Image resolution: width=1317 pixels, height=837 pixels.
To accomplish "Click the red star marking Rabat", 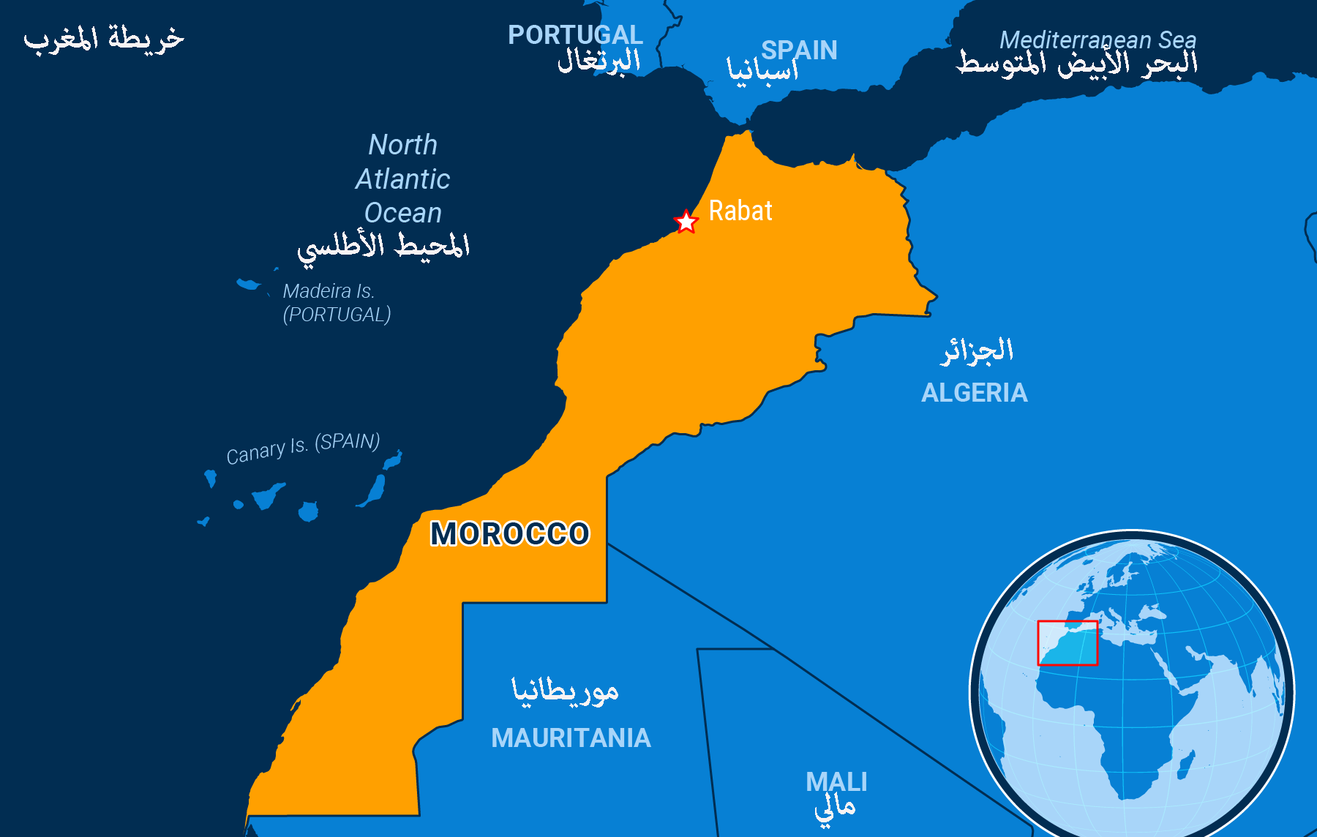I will [686, 221].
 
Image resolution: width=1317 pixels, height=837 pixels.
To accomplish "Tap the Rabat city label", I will [740, 211].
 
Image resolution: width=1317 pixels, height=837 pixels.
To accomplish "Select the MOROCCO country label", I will [509, 533].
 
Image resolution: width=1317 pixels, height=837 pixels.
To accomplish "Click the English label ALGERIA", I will [974, 393].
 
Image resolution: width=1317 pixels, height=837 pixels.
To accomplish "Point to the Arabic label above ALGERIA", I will [977, 350].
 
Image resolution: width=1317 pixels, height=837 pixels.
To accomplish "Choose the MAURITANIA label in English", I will [571, 737].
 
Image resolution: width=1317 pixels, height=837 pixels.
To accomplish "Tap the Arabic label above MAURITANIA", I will [565, 690].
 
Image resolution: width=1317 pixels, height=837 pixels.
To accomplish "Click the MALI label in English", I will [836, 781].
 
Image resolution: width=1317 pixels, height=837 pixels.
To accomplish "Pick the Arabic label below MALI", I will [835, 808].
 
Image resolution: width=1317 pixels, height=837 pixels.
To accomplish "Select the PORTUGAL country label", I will [575, 34].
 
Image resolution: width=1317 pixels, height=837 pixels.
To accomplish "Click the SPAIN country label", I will [799, 50].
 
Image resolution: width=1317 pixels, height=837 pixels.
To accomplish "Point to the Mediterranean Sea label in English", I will [1097, 40].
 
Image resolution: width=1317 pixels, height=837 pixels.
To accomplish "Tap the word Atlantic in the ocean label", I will [403, 179].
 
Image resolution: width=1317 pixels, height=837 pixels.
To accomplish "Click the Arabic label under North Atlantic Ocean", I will [383, 246].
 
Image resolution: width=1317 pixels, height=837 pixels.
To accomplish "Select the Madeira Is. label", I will [329, 291].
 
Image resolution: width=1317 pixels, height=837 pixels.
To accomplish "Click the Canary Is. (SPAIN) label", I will [303, 448].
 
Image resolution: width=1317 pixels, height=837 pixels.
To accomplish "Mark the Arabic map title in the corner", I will [104, 38].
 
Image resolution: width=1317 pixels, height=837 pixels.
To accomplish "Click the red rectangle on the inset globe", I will [1068, 642].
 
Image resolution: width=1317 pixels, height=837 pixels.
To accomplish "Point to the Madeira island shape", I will [248, 284].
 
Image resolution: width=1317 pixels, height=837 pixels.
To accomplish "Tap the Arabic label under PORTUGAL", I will [599, 60].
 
